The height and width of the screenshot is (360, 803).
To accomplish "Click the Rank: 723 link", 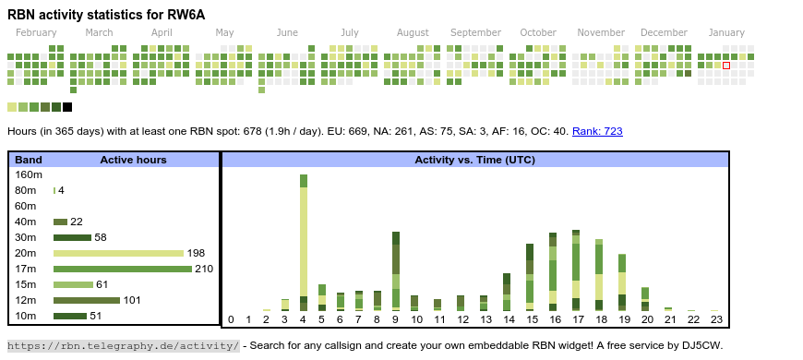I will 597,131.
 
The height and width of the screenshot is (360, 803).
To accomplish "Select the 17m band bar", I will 122,269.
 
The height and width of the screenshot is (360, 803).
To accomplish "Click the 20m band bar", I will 118,253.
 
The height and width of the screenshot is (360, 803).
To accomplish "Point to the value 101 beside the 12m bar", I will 132,300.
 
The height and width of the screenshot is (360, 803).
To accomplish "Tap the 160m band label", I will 29,174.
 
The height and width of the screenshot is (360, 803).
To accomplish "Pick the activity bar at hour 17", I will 576,269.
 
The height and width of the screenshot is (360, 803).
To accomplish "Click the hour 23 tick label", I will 716,320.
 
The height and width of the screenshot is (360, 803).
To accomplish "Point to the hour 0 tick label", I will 231,320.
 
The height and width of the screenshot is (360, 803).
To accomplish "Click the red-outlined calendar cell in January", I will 726,66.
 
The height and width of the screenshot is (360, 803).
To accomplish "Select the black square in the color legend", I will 67,107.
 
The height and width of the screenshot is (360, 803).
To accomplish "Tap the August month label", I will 413,32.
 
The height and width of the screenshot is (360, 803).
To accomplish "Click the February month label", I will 36,32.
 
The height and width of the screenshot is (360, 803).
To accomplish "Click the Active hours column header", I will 133,160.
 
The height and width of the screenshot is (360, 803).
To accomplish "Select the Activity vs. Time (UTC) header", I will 474,160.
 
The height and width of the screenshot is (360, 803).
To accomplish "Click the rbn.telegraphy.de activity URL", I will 123,345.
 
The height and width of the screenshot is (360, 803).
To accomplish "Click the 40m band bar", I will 61,222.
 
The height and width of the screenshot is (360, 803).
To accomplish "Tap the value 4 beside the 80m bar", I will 61,190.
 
